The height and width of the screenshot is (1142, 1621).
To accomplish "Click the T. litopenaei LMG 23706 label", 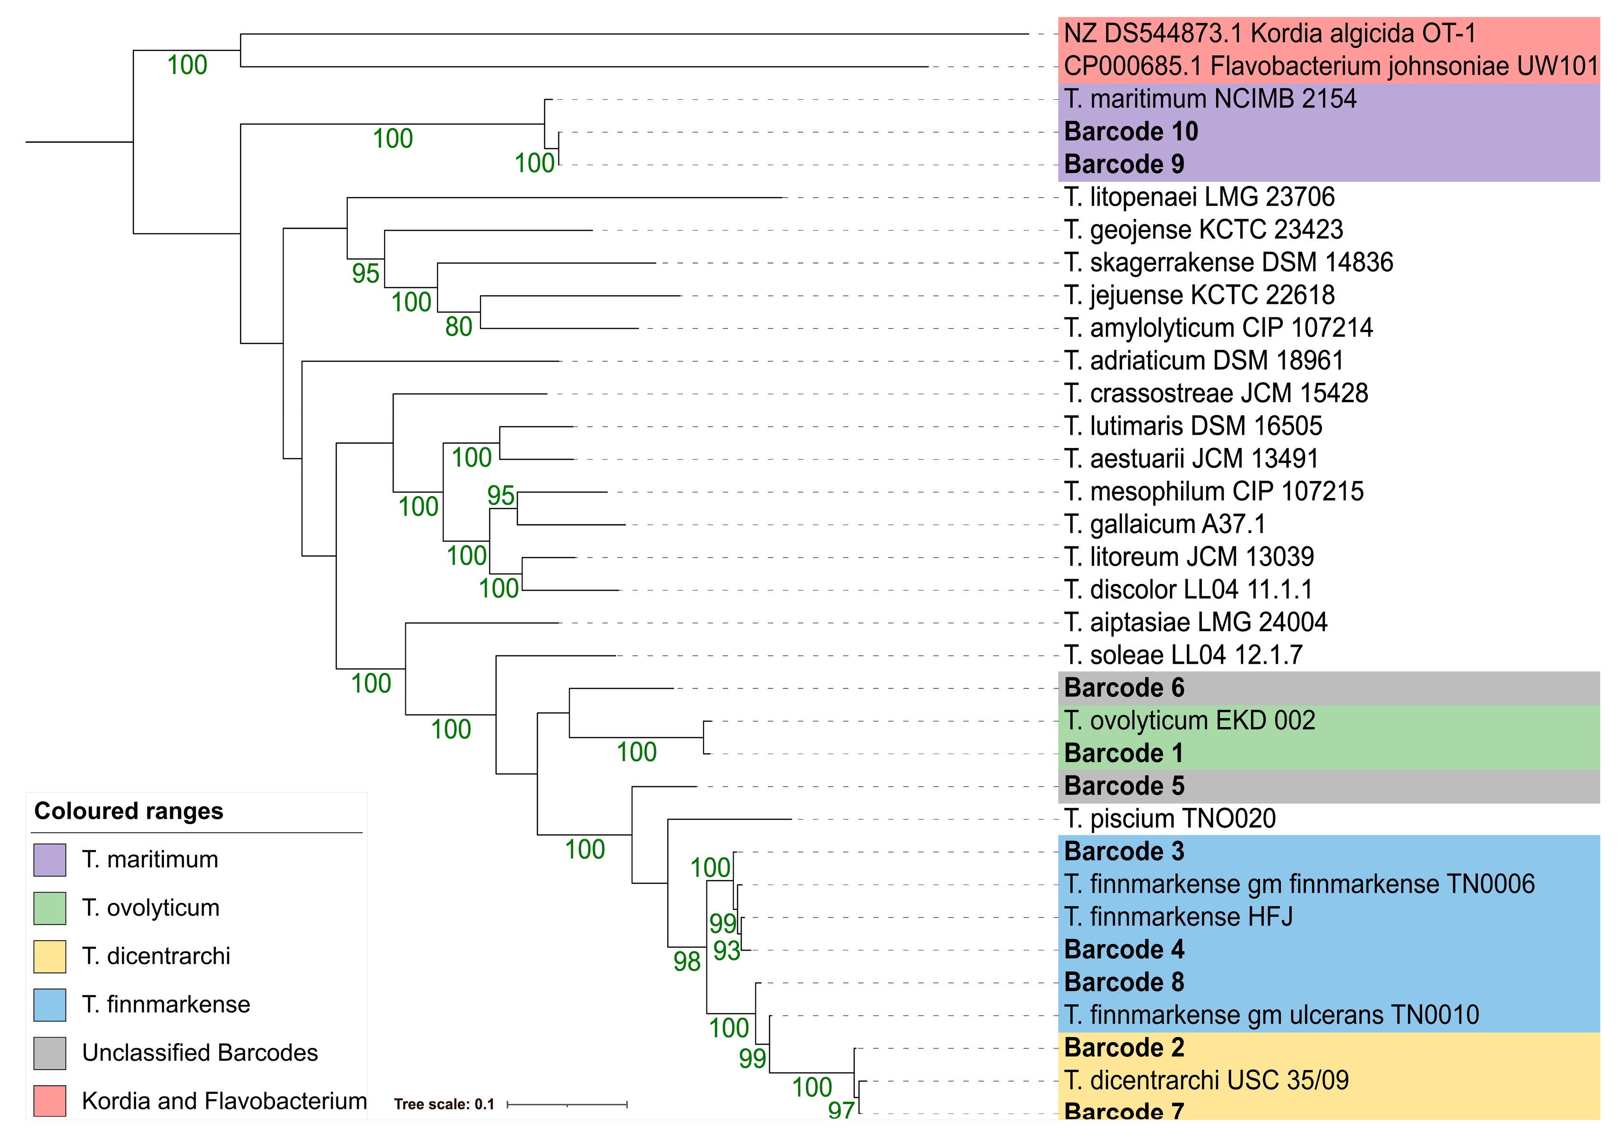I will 1199,197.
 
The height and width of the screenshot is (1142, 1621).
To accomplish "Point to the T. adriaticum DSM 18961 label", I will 1203,361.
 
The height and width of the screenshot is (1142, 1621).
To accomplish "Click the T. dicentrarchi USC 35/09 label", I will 1206,1081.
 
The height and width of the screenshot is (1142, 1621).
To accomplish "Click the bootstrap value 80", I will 458,327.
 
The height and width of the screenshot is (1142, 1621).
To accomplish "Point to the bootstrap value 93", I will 727,951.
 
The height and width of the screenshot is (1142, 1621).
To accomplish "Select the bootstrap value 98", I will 686,962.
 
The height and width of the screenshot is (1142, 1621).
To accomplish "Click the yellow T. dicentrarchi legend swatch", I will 50,956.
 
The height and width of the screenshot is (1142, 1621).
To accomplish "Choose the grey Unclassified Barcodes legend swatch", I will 50,1053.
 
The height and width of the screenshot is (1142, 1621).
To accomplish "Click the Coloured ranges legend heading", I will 129,811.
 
